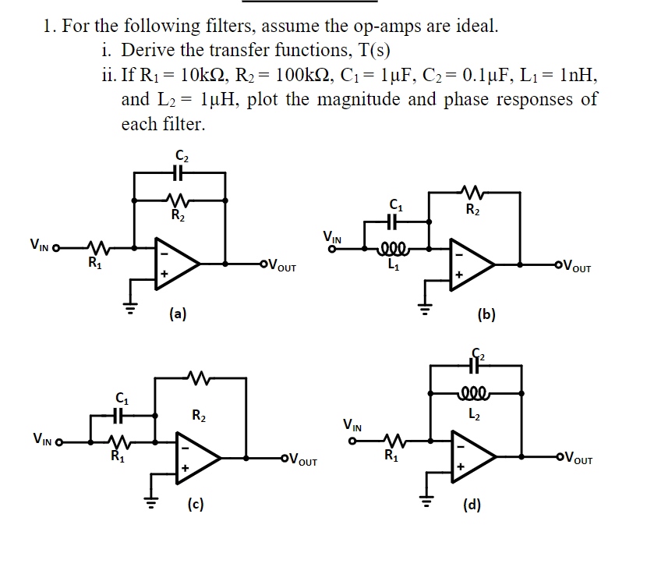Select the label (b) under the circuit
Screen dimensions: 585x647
tap(486, 315)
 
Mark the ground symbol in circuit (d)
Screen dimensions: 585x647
tap(426, 499)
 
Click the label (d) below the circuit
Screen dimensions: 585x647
tap(472, 505)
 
